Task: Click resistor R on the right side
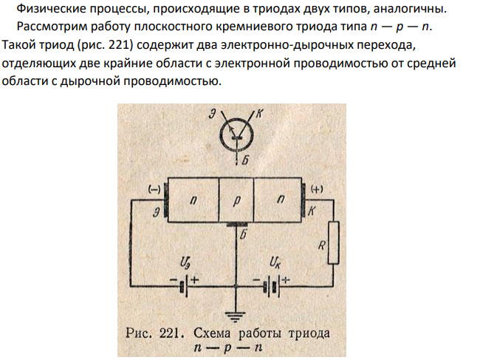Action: (x=333, y=242)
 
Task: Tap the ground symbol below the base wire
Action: (x=236, y=317)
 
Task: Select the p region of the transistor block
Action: (x=236, y=200)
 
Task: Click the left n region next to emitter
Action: (x=193, y=200)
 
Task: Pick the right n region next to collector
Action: (x=278, y=200)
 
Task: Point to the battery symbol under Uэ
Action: (x=185, y=286)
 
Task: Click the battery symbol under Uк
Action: (x=272, y=286)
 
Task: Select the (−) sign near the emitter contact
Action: (x=154, y=190)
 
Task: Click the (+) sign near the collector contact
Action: (x=317, y=189)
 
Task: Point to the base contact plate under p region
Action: (x=236, y=225)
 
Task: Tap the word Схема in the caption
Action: (x=212, y=333)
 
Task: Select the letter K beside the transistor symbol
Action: (x=259, y=114)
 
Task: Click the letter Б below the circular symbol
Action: (x=245, y=160)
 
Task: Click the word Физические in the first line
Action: (x=51, y=9)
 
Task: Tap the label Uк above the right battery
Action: (x=275, y=263)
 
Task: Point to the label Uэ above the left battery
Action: (x=185, y=263)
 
